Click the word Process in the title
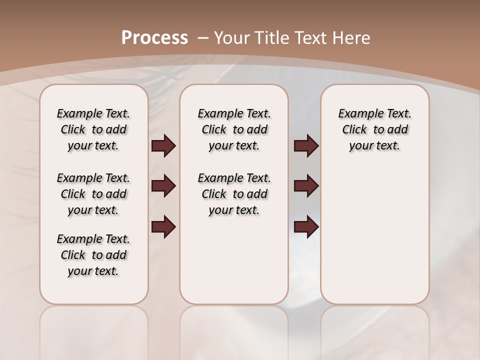click(154, 37)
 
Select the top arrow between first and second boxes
click(163, 145)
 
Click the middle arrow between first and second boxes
click(163, 186)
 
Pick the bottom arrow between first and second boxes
click(163, 226)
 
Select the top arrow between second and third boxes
click(306, 145)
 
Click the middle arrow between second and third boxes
click(306, 186)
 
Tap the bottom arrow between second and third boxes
click(306, 226)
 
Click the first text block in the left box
click(93, 129)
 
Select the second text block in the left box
click(93, 194)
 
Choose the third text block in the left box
click(93, 255)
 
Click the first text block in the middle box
click(234, 129)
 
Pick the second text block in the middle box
click(234, 194)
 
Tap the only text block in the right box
click(374, 129)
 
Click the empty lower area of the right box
click(374, 235)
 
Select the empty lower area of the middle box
click(234, 260)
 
